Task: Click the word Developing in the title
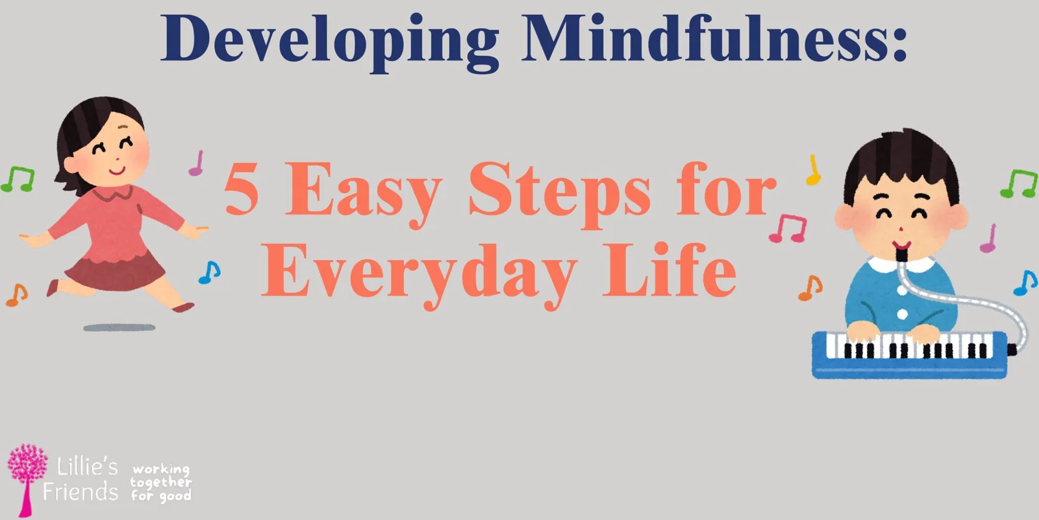[330, 42]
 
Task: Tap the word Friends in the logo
[81, 491]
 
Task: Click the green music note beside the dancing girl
[18, 179]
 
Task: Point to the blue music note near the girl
[210, 272]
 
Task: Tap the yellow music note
[813, 170]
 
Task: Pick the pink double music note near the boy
[788, 228]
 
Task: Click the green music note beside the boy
[1019, 183]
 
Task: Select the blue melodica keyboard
[910, 355]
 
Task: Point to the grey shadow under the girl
[119, 328]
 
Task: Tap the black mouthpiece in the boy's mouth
[902, 255]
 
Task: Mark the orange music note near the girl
[17, 295]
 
